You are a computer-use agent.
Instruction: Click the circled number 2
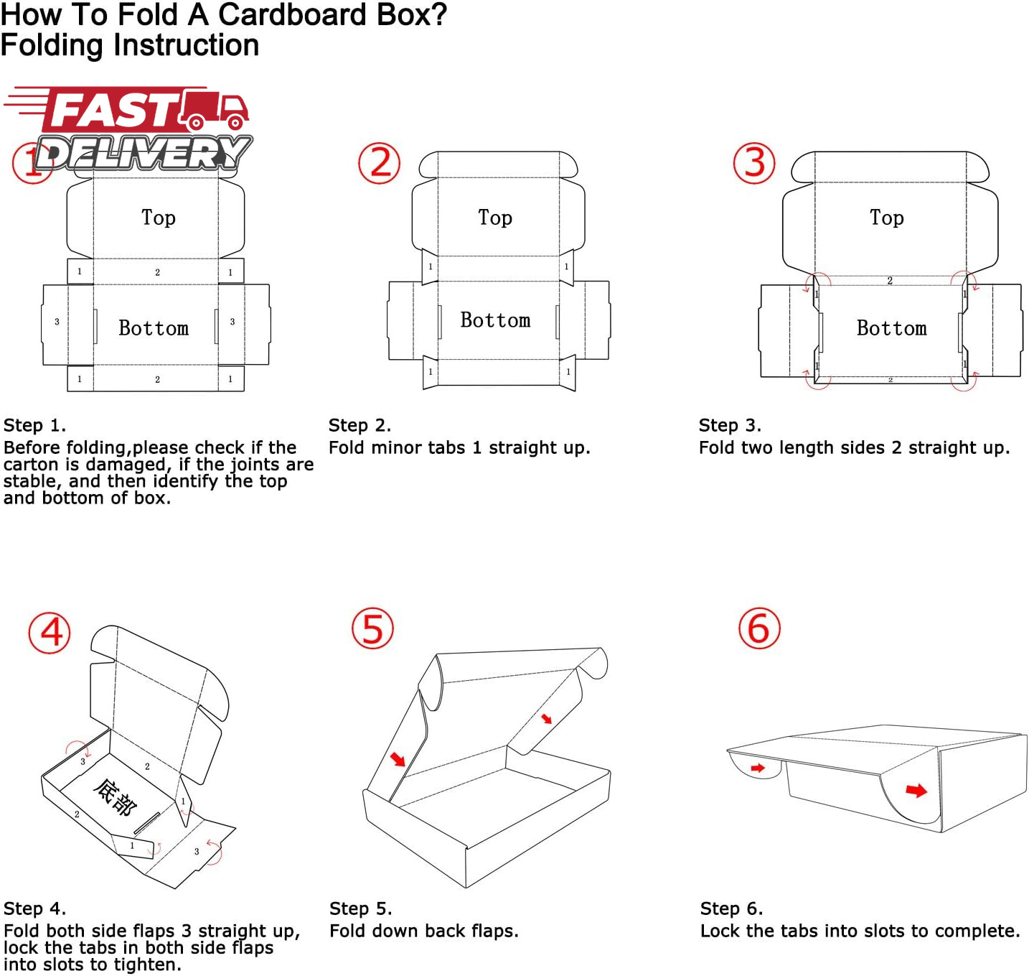pyautogui.click(x=379, y=163)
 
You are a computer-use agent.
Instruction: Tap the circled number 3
pyautogui.click(x=754, y=163)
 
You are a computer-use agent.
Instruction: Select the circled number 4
pyautogui.click(x=50, y=633)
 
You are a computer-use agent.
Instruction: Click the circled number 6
pyautogui.click(x=759, y=628)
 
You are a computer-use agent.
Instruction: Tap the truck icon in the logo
pyautogui.click(x=215, y=109)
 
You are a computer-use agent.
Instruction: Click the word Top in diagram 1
pyautogui.click(x=159, y=218)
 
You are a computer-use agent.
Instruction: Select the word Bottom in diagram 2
pyautogui.click(x=495, y=320)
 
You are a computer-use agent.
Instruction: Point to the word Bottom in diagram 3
pyautogui.click(x=891, y=328)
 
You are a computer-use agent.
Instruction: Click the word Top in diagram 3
pyautogui.click(x=887, y=218)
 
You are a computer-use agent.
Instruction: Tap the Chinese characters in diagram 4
pyautogui.click(x=115, y=798)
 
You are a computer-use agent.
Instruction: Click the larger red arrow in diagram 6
pyautogui.click(x=916, y=790)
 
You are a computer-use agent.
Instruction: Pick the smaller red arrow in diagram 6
pyautogui.click(x=758, y=768)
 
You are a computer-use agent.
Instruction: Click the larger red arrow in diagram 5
pyautogui.click(x=398, y=758)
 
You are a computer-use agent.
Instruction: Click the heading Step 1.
pyautogui.click(x=34, y=425)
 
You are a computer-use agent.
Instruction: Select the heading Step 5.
pyautogui.click(x=360, y=908)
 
